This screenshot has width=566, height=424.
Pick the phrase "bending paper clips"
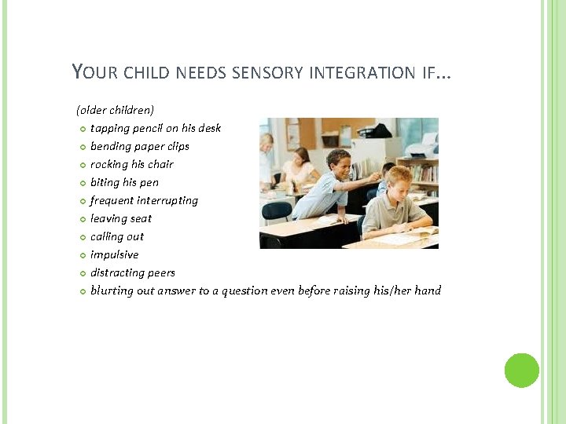(x=139, y=146)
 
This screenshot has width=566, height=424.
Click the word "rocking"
(x=109, y=164)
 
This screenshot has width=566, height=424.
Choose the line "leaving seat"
(x=120, y=218)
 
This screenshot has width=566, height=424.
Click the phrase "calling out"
(x=117, y=236)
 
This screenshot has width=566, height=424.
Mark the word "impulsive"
(x=114, y=254)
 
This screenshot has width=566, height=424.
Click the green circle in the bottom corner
(x=522, y=371)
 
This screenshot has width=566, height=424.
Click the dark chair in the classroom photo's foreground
(x=277, y=213)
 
